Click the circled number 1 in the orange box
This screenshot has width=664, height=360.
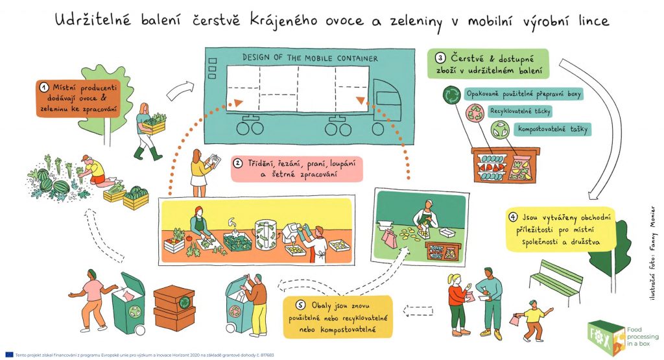(x=44, y=86)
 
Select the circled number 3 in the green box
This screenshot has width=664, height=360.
(x=441, y=56)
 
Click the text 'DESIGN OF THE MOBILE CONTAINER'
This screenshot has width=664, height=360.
(x=310, y=58)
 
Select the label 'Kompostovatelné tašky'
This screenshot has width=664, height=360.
(x=552, y=129)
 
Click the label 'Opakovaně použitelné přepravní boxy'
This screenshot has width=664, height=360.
(x=524, y=94)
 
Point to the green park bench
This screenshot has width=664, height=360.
(x=556, y=278)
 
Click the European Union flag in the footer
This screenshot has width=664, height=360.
(x=9, y=355)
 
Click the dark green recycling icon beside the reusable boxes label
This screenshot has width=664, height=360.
(x=450, y=95)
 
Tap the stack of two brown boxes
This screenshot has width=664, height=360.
(x=174, y=307)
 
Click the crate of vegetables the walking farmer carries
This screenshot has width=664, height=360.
(x=154, y=123)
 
